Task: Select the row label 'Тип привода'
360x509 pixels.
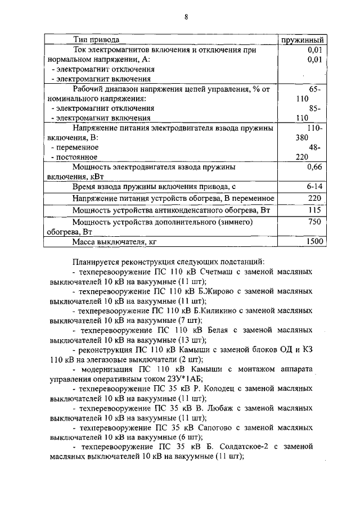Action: (96, 40)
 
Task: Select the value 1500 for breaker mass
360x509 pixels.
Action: (314, 242)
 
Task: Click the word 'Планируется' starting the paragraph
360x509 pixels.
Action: (96, 262)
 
